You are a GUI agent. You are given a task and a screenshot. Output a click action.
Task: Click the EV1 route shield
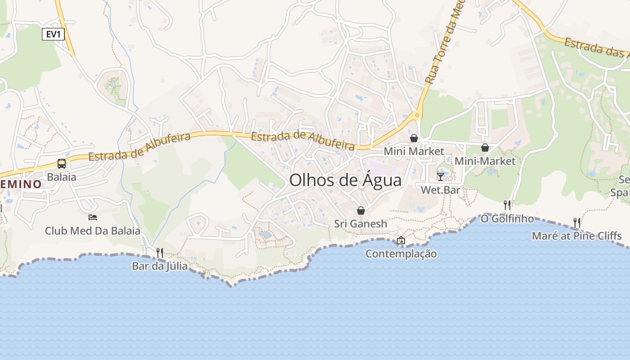tap(53, 34)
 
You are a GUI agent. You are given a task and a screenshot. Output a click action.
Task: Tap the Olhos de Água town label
tap(345, 180)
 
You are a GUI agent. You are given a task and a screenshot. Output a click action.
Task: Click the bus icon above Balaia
tap(62, 164)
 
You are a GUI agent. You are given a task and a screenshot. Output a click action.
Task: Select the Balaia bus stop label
tap(62, 177)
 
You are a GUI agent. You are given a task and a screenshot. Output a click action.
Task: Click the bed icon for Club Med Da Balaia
tap(93, 217)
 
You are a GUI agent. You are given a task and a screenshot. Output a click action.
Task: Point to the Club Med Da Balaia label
tap(93, 231)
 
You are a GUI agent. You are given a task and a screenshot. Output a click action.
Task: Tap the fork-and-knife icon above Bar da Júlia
tap(160, 252)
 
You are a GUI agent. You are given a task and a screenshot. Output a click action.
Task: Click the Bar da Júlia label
tap(160, 266)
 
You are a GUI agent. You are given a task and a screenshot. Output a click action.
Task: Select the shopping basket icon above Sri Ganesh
tap(360, 211)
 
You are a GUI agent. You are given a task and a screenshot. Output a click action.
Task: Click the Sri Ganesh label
tap(360, 224)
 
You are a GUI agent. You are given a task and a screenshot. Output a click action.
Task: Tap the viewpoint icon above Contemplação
tap(401, 240)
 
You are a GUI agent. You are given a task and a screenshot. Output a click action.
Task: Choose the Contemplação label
tap(401, 254)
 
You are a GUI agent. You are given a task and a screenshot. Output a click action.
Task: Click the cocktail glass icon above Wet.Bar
tap(441, 176)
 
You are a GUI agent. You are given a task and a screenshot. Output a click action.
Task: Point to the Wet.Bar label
tap(441, 190)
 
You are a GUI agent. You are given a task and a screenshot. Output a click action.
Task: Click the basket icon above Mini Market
tap(414, 138)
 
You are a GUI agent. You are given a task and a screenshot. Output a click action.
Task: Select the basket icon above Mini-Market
tap(485, 148)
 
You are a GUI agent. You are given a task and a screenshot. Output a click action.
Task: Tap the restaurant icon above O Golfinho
tap(507, 205)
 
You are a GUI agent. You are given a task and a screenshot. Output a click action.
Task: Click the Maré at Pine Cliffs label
tap(576, 236)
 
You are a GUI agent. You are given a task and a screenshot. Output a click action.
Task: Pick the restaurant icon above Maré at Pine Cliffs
tap(576, 222)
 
